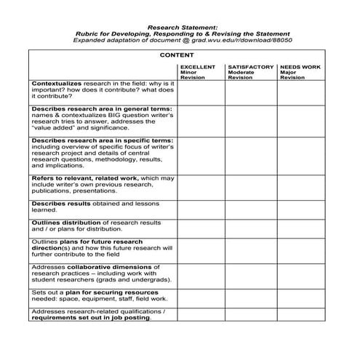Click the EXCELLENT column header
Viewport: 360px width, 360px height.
tap(198, 67)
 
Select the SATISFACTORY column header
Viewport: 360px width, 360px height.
tap(250, 67)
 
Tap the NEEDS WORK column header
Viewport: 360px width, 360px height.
tap(299, 67)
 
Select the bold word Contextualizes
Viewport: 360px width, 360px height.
tap(57, 84)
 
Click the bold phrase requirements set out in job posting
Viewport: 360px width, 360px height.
tap(91, 317)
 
